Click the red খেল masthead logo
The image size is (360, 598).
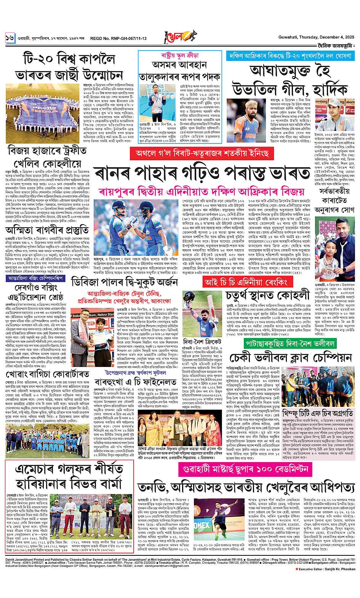[179, 37]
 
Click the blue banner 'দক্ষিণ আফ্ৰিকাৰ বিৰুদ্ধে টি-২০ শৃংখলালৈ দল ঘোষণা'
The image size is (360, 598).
[291, 54]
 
